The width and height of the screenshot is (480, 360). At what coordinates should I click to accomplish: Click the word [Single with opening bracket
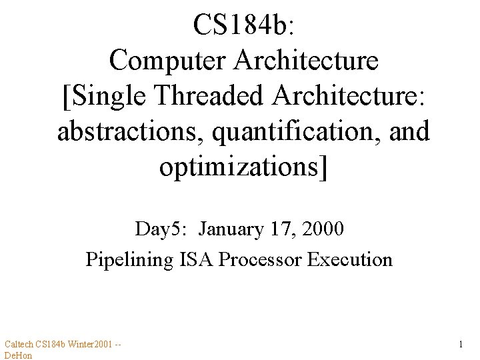(106, 96)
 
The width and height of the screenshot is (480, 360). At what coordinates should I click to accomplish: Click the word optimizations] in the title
(243, 167)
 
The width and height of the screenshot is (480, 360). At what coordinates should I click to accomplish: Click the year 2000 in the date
(323, 229)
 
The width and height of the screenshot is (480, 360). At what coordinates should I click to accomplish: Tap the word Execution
(350, 259)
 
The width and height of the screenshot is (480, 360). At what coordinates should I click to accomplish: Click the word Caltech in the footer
(18, 344)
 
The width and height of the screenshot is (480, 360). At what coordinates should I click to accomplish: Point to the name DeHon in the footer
(18, 355)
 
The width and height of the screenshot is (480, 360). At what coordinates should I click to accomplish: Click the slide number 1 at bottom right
(461, 345)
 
